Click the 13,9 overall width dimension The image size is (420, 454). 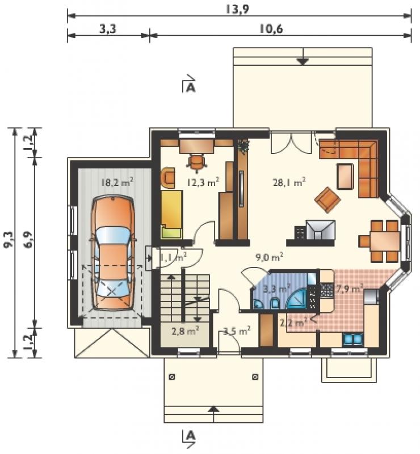click(237, 10)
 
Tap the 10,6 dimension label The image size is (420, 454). click(271, 29)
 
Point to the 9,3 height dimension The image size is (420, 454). click(8, 240)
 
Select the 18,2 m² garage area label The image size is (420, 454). click(117, 183)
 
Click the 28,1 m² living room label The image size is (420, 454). click(289, 183)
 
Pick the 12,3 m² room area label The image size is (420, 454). click(203, 182)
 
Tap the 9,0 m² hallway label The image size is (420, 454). click(269, 257)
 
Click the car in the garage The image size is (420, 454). click(113, 253)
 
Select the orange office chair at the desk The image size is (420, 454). click(197, 162)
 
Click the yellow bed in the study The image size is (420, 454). click(171, 214)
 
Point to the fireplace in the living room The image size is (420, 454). click(320, 230)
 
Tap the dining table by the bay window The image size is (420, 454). click(385, 241)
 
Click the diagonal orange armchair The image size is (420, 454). click(327, 200)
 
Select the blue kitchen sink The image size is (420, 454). click(352, 340)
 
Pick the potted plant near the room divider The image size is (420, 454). click(243, 145)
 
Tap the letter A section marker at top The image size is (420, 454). click(191, 87)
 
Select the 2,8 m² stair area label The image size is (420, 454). click(185, 330)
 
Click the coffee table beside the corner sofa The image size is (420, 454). click(345, 176)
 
